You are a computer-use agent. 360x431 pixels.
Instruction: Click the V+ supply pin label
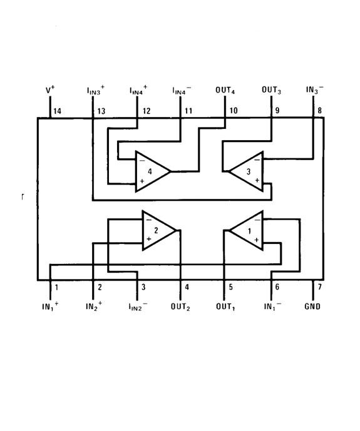[50, 89]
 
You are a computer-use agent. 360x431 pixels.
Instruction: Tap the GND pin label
[312, 307]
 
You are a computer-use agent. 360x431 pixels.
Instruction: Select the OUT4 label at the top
[225, 91]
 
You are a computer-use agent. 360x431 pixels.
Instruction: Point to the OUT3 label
[271, 90]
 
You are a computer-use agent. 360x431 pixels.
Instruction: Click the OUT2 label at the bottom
[180, 307]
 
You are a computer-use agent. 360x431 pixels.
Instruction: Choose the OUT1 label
[225, 307]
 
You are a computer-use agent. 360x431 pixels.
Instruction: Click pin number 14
[57, 111]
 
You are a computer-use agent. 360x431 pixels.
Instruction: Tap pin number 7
[319, 287]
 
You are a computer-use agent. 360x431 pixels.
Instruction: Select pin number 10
[233, 111]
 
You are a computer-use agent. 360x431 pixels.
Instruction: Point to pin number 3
[143, 287]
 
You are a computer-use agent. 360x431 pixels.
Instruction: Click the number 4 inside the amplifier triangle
[150, 171]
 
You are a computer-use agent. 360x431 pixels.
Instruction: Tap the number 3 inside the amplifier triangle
[249, 171]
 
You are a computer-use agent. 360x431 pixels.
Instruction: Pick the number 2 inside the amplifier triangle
[157, 230]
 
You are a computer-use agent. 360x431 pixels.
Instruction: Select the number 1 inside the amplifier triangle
[249, 231]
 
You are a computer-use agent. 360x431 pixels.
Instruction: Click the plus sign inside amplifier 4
[142, 181]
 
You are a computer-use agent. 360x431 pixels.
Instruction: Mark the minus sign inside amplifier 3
[257, 160]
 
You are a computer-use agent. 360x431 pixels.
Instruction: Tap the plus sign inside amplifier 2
[149, 239]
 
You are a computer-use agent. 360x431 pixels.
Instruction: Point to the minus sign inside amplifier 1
[257, 220]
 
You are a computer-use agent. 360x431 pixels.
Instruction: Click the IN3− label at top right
[315, 90]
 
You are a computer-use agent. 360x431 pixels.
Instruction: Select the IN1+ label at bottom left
[50, 307]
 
